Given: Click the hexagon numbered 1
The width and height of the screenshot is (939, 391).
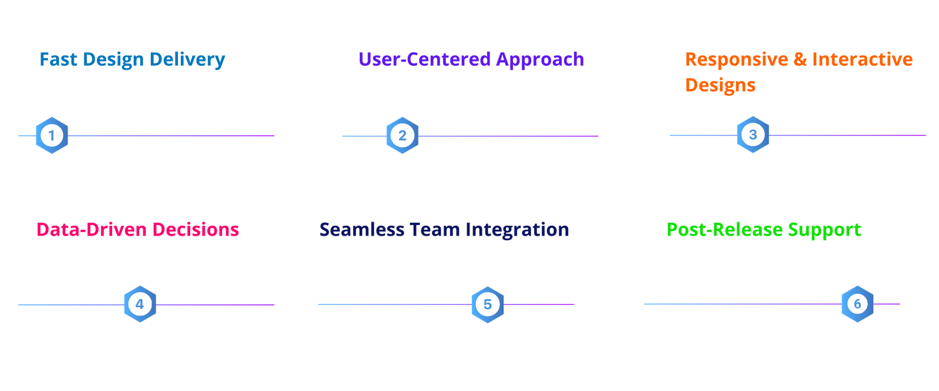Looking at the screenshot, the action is click(52, 135).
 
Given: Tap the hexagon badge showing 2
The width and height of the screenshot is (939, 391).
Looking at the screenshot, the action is click(403, 135).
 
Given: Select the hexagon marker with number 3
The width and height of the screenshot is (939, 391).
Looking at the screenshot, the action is click(753, 134).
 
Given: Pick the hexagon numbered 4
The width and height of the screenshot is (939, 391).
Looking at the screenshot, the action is click(140, 304).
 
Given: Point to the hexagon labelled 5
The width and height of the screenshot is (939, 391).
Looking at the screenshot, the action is click(488, 304).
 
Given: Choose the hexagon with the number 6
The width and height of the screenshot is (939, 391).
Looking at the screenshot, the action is click(857, 304).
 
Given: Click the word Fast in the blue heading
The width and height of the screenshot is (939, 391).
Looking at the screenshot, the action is click(58, 59).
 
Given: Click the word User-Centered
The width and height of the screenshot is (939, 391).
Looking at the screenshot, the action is click(425, 59).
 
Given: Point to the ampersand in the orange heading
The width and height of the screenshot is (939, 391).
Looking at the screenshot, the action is click(800, 59).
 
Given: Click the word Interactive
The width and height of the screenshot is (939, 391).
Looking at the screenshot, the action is click(862, 59).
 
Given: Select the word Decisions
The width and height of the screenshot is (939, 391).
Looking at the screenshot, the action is click(196, 229).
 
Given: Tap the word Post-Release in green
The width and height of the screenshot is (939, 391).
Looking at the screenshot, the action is click(725, 229).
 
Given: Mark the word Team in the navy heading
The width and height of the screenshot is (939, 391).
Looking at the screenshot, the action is click(435, 229).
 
